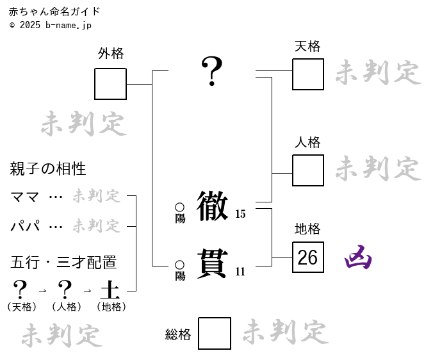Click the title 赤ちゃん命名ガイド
(54, 12)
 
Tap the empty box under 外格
(110, 84)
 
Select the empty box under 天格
(307, 74)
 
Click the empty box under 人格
(307, 170)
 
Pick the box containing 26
(307, 258)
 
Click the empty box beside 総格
(214, 334)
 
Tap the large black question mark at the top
(212, 71)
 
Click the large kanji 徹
(212, 206)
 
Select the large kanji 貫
(212, 263)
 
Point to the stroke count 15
(240, 214)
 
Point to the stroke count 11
(240, 272)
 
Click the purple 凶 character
(358, 258)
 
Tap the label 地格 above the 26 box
(307, 229)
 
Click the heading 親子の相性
(48, 169)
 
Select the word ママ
(25, 197)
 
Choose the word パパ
(25, 226)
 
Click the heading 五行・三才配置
(63, 263)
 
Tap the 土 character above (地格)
(110, 290)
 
